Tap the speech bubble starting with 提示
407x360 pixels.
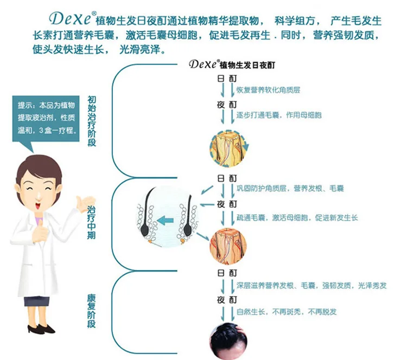[x=48, y=118]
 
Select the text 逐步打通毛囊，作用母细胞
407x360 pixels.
[x=279, y=115]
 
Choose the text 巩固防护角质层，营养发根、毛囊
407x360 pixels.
[x=290, y=189]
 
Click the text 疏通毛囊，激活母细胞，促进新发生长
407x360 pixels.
[x=297, y=217]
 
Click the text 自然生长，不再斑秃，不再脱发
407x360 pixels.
[x=287, y=312]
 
